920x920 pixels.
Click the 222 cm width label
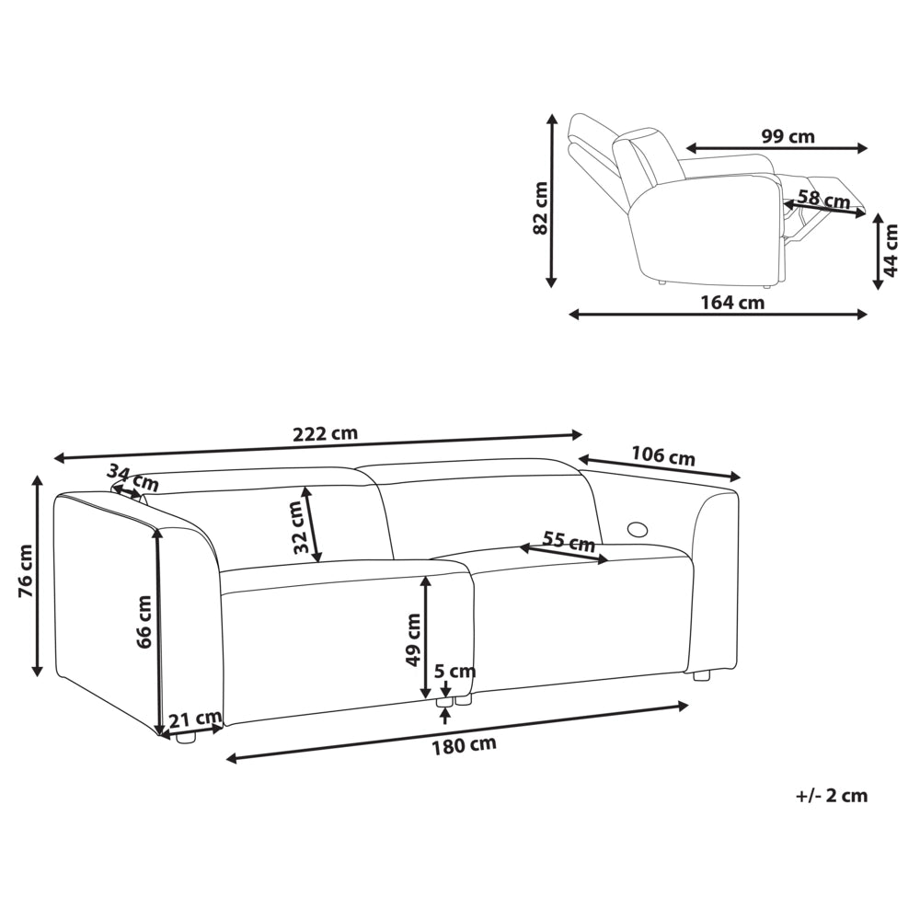pyautogui.click(x=325, y=433)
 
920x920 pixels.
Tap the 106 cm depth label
pyautogui.click(x=663, y=455)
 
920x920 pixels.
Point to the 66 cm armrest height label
pyautogui.click(x=144, y=621)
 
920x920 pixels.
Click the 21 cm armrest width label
pyautogui.click(x=195, y=718)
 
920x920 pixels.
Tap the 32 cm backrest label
pyautogui.click(x=301, y=527)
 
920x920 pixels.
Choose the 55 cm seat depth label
pyautogui.click(x=569, y=540)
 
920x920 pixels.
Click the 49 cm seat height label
pyautogui.click(x=413, y=639)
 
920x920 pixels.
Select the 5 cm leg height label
pyautogui.click(x=454, y=671)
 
